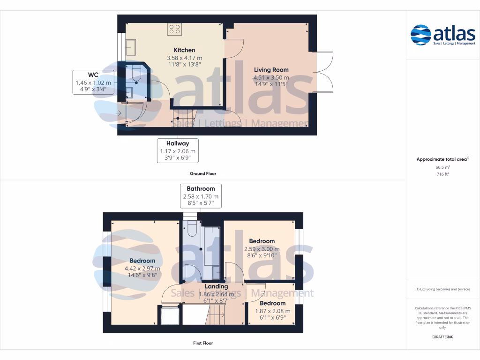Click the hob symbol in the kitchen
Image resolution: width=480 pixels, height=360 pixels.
click(175, 30)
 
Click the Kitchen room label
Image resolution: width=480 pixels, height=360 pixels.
click(184, 50)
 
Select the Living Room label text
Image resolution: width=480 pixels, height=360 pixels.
click(271, 70)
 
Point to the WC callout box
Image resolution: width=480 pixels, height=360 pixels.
click(93, 82)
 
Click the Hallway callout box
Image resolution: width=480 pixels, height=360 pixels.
click(178, 150)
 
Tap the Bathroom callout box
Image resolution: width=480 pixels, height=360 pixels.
click(201, 196)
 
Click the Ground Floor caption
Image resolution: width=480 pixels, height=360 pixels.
click(202, 173)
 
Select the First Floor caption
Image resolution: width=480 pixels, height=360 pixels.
click(203, 343)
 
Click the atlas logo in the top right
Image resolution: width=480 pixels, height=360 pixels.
click(442, 35)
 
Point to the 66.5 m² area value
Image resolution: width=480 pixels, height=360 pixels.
click(442, 167)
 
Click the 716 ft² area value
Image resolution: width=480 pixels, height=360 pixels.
click(442, 174)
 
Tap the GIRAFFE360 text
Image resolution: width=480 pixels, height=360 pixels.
click(442, 337)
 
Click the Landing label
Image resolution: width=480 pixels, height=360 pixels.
click(216, 286)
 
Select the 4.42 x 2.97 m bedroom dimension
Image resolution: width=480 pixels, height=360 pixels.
click(142, 269)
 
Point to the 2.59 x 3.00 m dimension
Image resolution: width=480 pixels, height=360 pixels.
click(262, 249)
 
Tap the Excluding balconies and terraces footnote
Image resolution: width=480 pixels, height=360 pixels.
click(442, 289)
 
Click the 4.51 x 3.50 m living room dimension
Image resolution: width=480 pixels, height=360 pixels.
click(271, 77)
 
